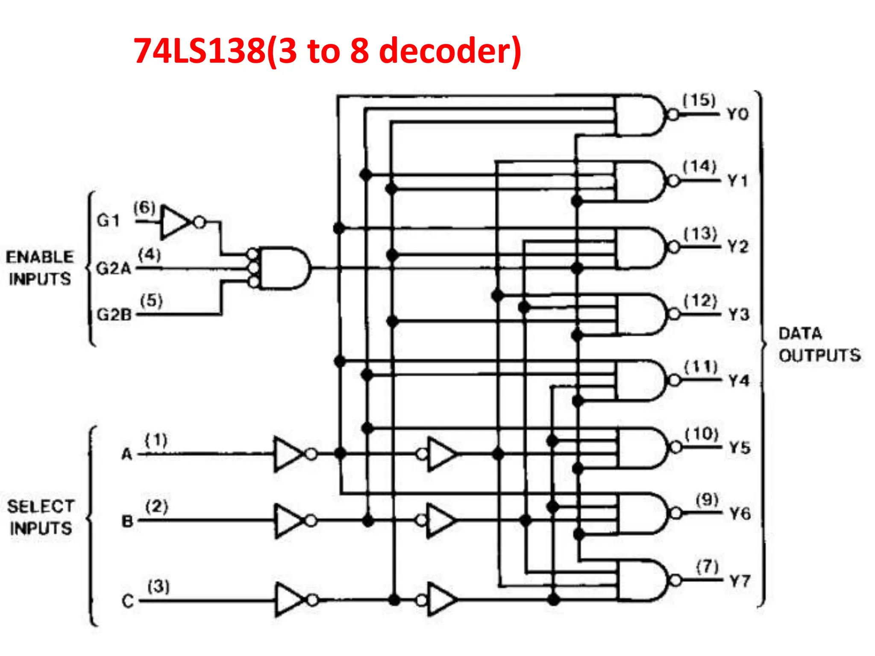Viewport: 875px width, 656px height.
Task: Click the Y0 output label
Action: pos(737,114)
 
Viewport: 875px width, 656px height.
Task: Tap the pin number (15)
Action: pos(699,100)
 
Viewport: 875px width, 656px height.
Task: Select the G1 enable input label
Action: pos(108,220)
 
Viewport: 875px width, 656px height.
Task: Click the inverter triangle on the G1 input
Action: pos(174,222)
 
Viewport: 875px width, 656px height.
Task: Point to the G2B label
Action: pos(114,315)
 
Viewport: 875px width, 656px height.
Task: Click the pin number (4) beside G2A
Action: pos(150,255)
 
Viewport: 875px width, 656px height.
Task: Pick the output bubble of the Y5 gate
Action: pos(676,447)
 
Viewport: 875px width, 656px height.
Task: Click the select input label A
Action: pos(127,454)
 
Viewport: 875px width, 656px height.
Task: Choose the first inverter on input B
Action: pos(289,521)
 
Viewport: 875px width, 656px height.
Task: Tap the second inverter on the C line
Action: pos(441,600)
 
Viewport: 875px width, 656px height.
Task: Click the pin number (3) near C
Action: pos(159,586)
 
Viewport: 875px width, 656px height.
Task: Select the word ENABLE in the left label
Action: pos(40,257)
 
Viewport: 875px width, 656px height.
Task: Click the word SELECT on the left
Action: pos(41,507)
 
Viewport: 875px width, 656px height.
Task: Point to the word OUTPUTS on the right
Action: pos(819,355)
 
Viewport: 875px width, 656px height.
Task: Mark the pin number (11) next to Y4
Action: pos(701,366)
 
